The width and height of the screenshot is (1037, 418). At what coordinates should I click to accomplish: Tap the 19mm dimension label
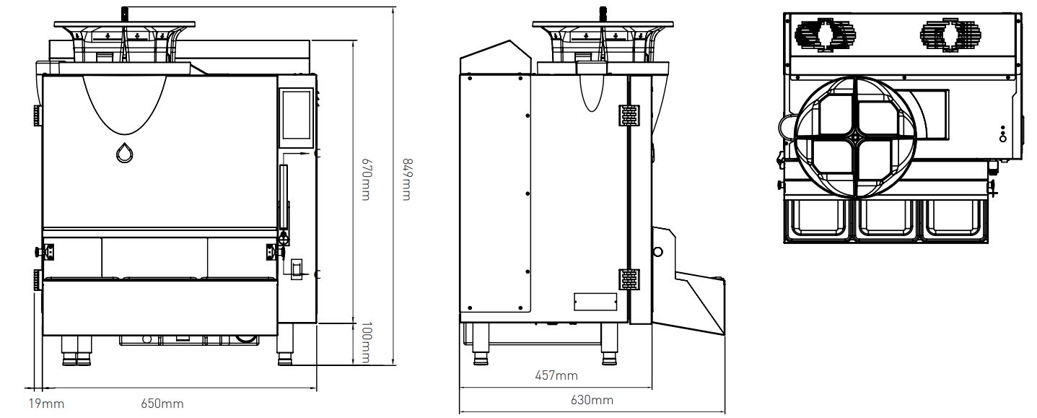pos(41,404)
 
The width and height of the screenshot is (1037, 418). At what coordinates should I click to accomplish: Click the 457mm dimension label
pos(556,375)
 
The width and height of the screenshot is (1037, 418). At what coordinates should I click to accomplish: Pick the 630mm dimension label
pos(592,400)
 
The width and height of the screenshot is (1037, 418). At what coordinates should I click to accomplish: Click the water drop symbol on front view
pos(124,153)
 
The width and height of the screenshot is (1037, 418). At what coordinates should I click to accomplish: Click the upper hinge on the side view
pos(629,115)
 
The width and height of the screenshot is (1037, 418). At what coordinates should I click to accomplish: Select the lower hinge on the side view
pos(629,279)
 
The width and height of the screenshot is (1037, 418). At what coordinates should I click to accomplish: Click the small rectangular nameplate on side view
pos(595,300)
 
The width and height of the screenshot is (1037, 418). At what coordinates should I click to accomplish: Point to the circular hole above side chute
pos(657,252)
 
